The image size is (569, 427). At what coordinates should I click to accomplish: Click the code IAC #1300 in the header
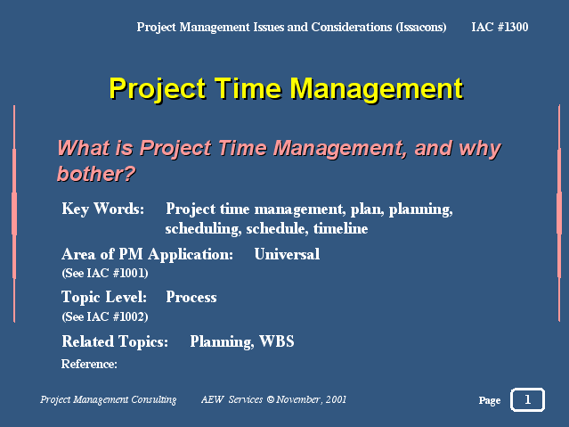click(500, 27)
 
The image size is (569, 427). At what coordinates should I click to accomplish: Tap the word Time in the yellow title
click(248, 88)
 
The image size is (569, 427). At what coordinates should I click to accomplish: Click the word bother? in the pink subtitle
click(96, 174)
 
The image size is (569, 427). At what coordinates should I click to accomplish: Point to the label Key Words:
click(103, 209)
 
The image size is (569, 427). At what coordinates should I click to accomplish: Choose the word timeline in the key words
click(341, 228)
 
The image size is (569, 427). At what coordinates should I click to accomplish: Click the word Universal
click(287, 254)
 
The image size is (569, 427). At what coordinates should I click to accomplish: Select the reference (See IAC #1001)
click(105, 273)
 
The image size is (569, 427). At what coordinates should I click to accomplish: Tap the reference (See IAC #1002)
click(105, 316)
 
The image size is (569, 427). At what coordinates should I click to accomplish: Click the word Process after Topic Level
click(191, 297)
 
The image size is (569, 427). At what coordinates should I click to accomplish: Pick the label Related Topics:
click(115, 341)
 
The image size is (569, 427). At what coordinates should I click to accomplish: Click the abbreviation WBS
click(277, 341)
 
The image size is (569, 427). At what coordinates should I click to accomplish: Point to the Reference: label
click(89, 364)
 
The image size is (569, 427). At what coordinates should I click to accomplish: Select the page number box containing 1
click(528, 399)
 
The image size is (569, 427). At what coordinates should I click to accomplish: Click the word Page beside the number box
click(490, 400)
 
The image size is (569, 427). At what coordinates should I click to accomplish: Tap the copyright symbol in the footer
click(271, 399)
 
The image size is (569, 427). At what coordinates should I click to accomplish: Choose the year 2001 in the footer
click(336, 399)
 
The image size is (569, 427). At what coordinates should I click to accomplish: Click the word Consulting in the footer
click(154, 399)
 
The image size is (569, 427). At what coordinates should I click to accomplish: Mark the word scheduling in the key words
click(203, 229)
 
